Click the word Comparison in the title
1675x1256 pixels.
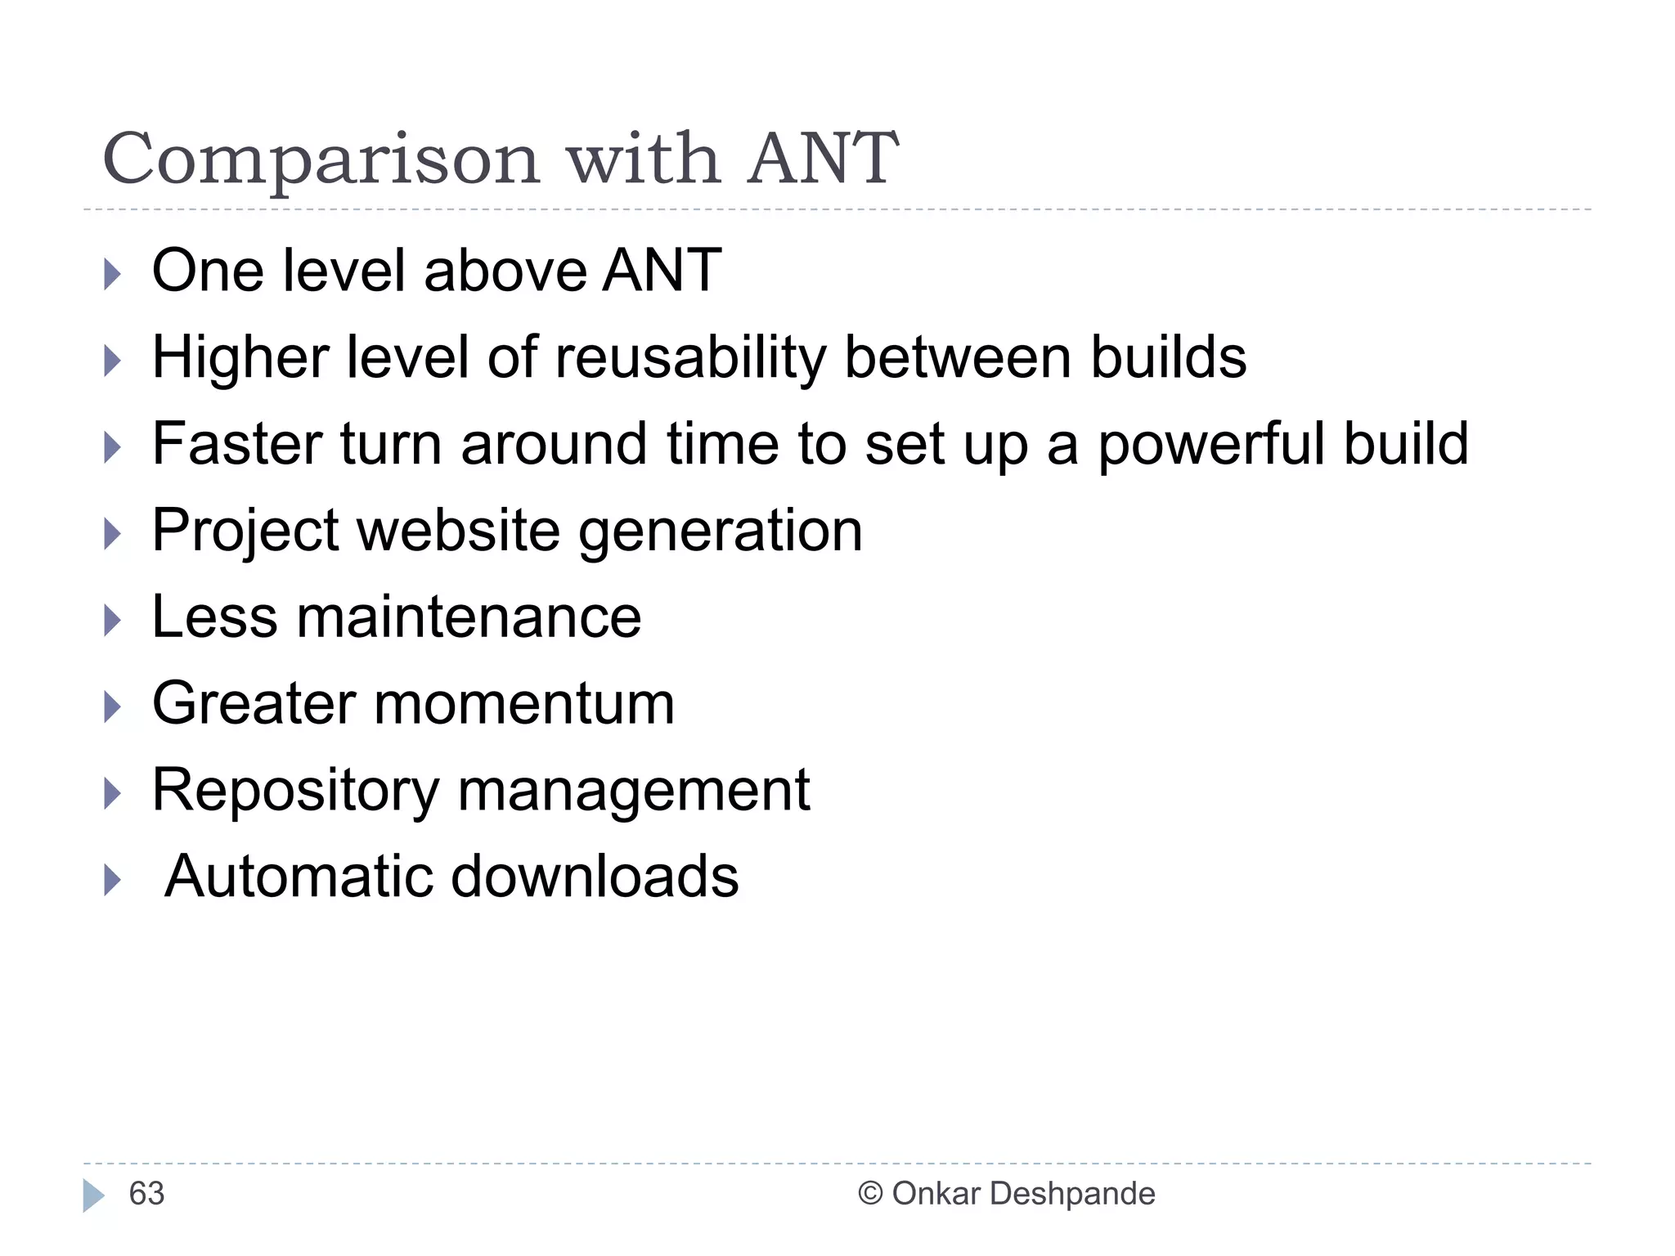321,159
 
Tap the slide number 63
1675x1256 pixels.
147,1194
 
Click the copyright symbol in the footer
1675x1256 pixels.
870,1194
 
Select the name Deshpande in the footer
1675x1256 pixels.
1072,1194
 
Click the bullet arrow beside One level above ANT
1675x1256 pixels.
113,274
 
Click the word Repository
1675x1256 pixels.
296,792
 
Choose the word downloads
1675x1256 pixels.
595,877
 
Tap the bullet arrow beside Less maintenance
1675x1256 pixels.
113,621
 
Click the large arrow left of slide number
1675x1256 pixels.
94,1195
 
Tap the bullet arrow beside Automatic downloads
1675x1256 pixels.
113,881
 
